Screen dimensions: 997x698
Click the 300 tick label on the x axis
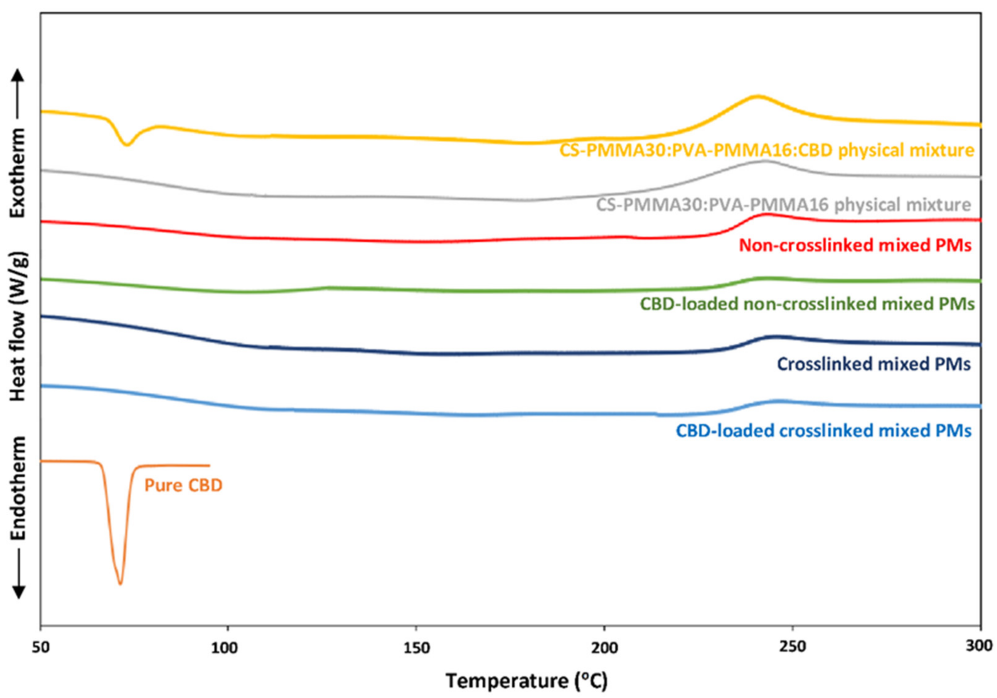tap(980, 647)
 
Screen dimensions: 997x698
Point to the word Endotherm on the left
tap(18, 488)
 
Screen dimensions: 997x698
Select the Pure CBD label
tap(183, 485)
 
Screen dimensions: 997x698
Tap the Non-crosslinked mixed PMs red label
tap(855, 246)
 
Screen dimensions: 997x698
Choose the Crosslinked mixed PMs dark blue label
tap(874, 364)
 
